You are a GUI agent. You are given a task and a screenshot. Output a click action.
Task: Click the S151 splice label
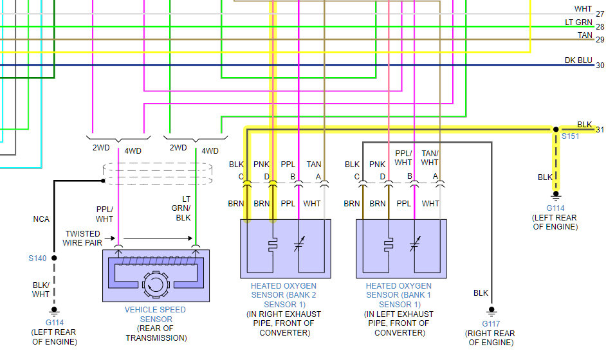[x=570, y=137]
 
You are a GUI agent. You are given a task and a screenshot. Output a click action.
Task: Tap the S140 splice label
[x=37, y=258]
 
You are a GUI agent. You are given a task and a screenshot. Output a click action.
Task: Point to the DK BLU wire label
[x=578, y=60]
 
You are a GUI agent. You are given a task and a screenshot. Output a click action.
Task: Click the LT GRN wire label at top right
[x=578, y=22]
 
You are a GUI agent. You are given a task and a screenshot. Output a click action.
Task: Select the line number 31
[x=600, y=130]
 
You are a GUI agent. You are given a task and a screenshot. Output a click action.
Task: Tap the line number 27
[x=600, y=14]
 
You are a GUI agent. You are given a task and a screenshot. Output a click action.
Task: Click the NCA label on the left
[x=41, y=219]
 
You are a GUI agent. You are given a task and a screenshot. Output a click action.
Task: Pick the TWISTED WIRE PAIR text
[x=82, y=238]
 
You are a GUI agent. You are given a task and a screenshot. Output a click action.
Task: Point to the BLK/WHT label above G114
[x=41, y=289]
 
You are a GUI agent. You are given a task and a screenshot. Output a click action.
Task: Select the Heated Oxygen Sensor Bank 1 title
[x=399, y=295]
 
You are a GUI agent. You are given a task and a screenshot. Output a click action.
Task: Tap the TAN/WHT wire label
[x=430, y=158]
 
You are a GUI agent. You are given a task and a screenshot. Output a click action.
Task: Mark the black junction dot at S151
[x=556, y=130]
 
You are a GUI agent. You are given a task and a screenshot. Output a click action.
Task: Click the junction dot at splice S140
[x=54, y=258]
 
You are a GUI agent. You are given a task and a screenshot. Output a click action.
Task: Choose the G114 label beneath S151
[x=555, y=208]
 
